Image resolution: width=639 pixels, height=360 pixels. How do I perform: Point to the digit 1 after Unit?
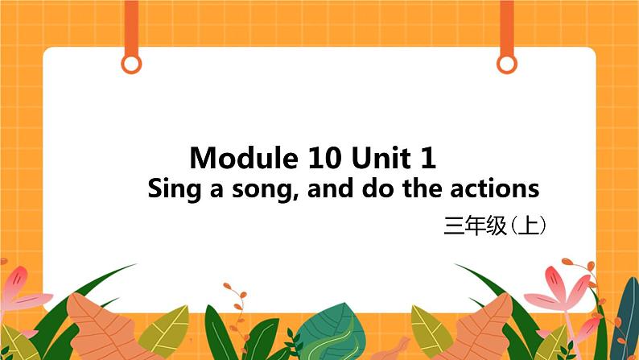tap(429, 157)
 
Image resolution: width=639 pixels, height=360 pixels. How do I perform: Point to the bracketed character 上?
tap(528, 227)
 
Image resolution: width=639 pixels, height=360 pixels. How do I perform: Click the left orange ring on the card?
tap(132, 63)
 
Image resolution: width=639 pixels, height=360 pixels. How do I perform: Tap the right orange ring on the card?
tap(506, 63)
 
